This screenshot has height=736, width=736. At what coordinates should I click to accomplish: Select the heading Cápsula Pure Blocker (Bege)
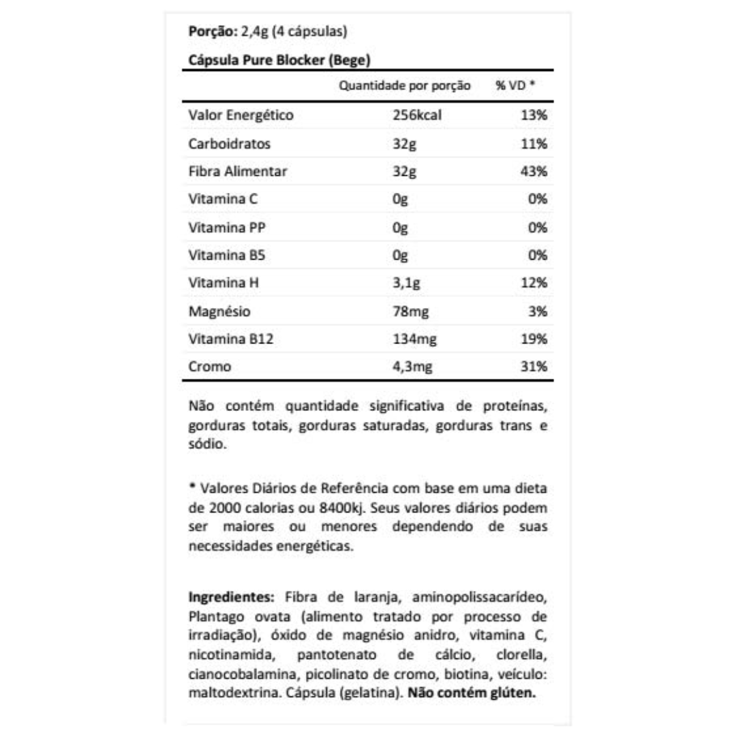click(x=278, y=60)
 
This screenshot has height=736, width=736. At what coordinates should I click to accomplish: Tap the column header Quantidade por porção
click(x=405, y=87)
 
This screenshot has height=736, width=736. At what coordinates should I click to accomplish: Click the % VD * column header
click(x=515, y=87)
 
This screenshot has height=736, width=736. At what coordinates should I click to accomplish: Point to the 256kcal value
click(x=417, y=116)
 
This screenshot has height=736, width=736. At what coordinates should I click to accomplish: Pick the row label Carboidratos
click(x=229, y=144)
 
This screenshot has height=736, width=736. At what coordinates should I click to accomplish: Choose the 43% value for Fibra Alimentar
click(x=533, y=172)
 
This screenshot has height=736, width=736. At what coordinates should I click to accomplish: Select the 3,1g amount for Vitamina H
click(x=405, y=283)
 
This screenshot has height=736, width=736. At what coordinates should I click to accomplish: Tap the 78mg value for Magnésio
click(x=408, y=311)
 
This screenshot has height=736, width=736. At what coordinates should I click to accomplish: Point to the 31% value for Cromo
click(x=533, y=367)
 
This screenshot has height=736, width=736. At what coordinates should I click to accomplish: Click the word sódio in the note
click(x=203, y=444)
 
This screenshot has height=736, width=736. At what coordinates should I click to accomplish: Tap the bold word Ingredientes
click(x=230, y=598)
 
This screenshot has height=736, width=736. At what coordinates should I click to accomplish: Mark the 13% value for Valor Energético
click(x=533, y=116)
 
